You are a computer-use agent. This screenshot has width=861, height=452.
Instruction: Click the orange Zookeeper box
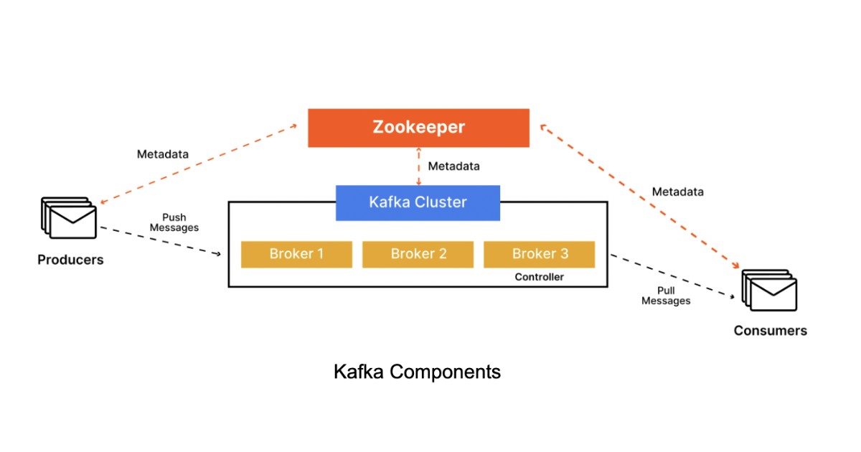click(418, 128)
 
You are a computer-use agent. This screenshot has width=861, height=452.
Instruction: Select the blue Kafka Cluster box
click(418, 202)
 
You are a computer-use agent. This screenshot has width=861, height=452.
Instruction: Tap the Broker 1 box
click(296, 254)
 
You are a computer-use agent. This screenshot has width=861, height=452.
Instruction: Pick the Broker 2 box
click(418, 254)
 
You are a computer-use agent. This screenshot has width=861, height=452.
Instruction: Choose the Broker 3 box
click(540, 254)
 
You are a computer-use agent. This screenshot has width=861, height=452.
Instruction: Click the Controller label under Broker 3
click(539, 277)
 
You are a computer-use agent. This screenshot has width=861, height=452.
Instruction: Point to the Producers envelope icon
click(69, 218)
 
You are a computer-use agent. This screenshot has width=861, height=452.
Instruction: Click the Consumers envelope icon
click(769, 291)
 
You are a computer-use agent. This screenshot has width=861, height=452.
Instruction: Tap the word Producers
click(70, 260)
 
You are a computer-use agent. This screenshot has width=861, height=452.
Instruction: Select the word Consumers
click(770, 331)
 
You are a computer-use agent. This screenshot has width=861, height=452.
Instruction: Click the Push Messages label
click(179, 222)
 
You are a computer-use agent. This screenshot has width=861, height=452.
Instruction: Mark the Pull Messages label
click(666, 296)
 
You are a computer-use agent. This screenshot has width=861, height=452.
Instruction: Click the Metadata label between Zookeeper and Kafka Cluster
click(453, 166)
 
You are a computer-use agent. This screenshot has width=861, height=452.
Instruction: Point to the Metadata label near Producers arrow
click(163, 154)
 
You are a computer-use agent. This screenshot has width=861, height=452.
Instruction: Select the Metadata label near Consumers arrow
click(677, 192)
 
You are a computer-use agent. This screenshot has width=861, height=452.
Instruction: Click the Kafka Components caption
click(417, 372)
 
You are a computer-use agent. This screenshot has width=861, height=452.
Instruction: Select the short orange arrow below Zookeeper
click(419, 166)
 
